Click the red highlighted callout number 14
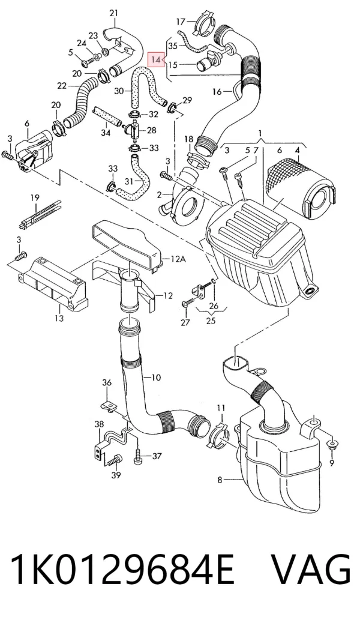(155, 59)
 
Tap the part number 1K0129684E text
(122, 569)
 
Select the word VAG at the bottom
(311, 569)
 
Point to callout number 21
(114, 13)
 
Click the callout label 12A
(178, 259)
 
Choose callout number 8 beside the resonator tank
(220, 480)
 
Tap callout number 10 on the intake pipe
(156, 378)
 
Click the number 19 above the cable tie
(35, 197)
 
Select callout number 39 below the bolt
(116, 475)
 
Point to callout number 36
(107, 383)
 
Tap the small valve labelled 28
(134, 130)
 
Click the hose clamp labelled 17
(205, 25)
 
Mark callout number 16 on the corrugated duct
(217, 92)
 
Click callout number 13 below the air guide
(59, 318)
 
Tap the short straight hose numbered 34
(107, 116)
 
